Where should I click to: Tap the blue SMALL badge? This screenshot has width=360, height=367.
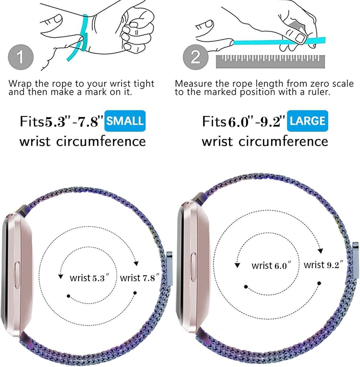click(x=125, y=121)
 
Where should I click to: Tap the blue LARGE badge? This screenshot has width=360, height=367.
click(x=308, y=121)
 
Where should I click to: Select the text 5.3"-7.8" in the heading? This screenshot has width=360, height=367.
click(x=73, y=122)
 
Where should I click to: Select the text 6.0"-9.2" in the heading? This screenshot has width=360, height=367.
click(x=256, y=122)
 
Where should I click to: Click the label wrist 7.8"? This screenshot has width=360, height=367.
click(x=139, y=278)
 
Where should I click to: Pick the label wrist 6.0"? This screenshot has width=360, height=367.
click(x=271, y=265)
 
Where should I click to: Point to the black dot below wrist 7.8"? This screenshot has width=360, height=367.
click(x=135, y=293)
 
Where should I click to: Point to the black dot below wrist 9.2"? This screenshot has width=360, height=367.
click(x=319, y=283)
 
